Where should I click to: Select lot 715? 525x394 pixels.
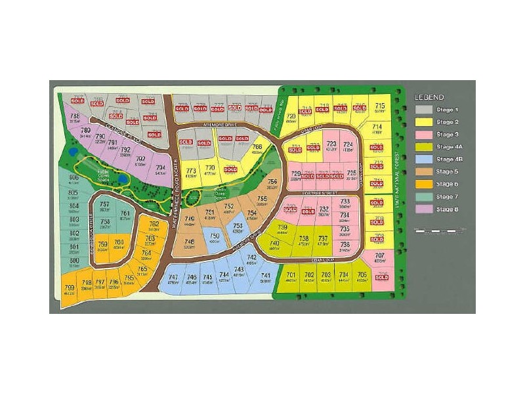(379, 108)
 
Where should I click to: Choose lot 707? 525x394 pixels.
(379, 257)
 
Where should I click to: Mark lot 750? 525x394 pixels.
(214, 237)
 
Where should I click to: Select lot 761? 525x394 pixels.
(125, 215)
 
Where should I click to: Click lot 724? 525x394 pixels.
(348, 146)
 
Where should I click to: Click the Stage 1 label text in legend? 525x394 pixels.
(448, 110)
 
